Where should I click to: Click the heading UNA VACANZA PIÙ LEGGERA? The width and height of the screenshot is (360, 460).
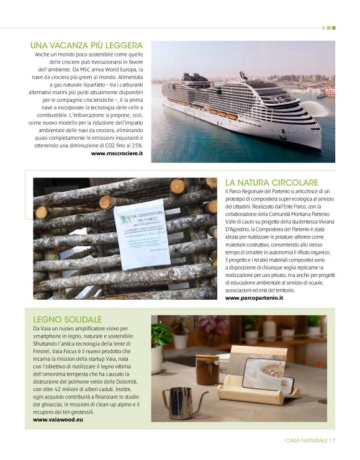click(x=86, y=45)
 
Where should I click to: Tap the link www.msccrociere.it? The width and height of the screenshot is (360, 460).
click(x=117, y=153)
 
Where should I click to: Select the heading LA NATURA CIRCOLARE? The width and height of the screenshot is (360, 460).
click(x=271, y=183)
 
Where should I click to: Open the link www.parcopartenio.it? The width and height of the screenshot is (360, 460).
click(x=254, y=298)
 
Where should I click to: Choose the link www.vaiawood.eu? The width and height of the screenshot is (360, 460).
click(x=60, y=420)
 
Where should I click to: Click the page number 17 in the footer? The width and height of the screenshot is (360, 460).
click(x=332, y=441)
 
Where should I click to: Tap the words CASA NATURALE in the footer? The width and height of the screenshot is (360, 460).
click(x=307, y=441)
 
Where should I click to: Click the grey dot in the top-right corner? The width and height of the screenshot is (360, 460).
click(x=323, y=28)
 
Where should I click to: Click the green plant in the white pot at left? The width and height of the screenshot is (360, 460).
click(x=160, y=335)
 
